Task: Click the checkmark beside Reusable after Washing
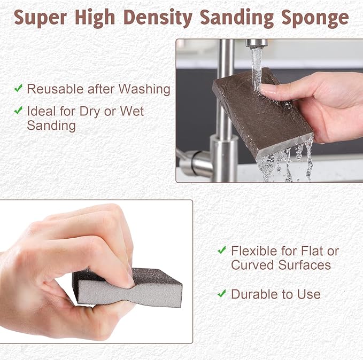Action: tap(18, 88)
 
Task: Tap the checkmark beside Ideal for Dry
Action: tap(18, 111)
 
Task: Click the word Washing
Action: tap(144, 89)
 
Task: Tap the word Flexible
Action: tap(254, 251)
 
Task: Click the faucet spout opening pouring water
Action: tap(257, 44)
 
